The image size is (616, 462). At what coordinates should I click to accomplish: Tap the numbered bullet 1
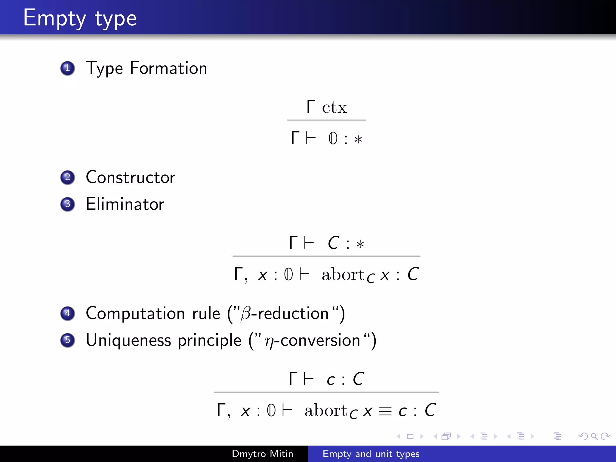click(67, 68)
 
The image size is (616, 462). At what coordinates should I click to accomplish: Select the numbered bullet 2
click(67, 177)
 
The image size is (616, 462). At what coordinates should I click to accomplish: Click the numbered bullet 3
click(67, 204)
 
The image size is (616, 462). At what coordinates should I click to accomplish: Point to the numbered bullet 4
click(67, 313)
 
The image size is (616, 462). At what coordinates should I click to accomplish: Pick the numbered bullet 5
click(67, 340)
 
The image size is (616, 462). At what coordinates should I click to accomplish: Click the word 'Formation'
click(168, 68)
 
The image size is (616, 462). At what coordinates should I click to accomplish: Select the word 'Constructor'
click(130, 177)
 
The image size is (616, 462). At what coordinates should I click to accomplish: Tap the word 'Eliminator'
click(125, 204)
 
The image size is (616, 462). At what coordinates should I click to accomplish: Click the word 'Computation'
click(135, 313)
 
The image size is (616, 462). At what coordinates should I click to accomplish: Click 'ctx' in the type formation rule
click(334, 107)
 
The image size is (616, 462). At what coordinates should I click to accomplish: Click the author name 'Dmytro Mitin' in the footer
click(262, 454)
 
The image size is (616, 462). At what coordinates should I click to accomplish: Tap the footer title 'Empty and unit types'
click(371, 454)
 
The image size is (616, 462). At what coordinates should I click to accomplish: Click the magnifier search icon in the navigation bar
click(594, 436)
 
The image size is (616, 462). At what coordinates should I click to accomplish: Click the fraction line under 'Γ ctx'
click(326, 120)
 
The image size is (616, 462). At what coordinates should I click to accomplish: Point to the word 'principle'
click(210, 340)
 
